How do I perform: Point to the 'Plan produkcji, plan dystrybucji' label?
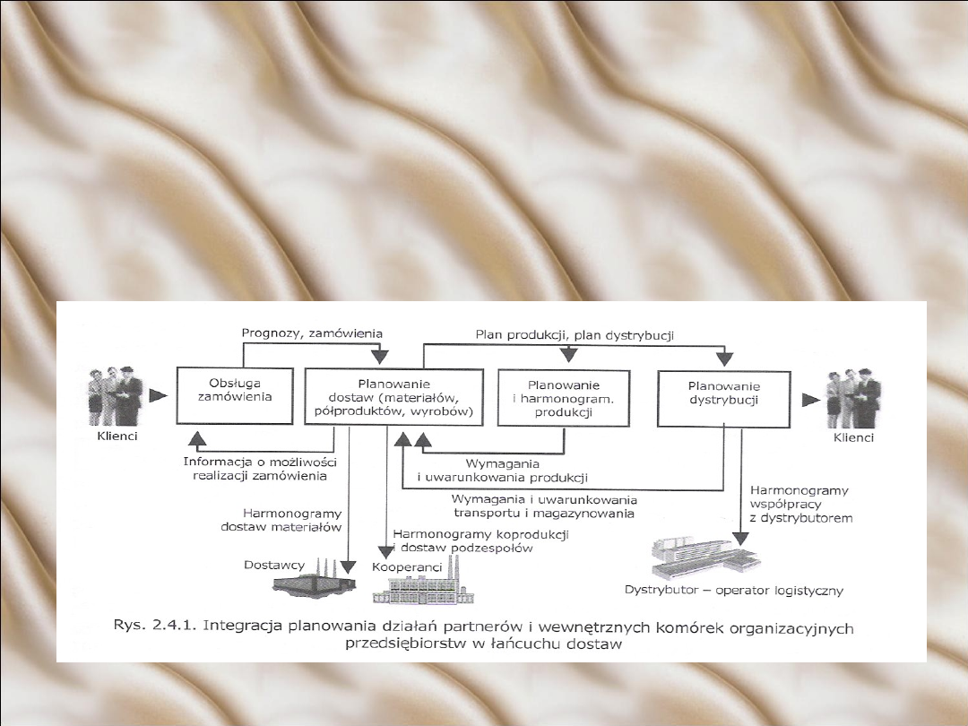575,334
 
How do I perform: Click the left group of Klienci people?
116,396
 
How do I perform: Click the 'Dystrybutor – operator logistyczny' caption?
733,591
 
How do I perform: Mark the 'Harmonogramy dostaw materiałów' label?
281,520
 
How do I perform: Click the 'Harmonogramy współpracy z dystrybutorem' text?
800,504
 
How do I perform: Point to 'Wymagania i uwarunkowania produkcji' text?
502,470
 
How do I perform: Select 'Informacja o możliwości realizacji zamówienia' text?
260,468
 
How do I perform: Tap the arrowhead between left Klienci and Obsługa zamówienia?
158,394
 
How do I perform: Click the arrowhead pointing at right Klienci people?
808,395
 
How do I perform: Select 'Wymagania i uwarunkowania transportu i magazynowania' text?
544,506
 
